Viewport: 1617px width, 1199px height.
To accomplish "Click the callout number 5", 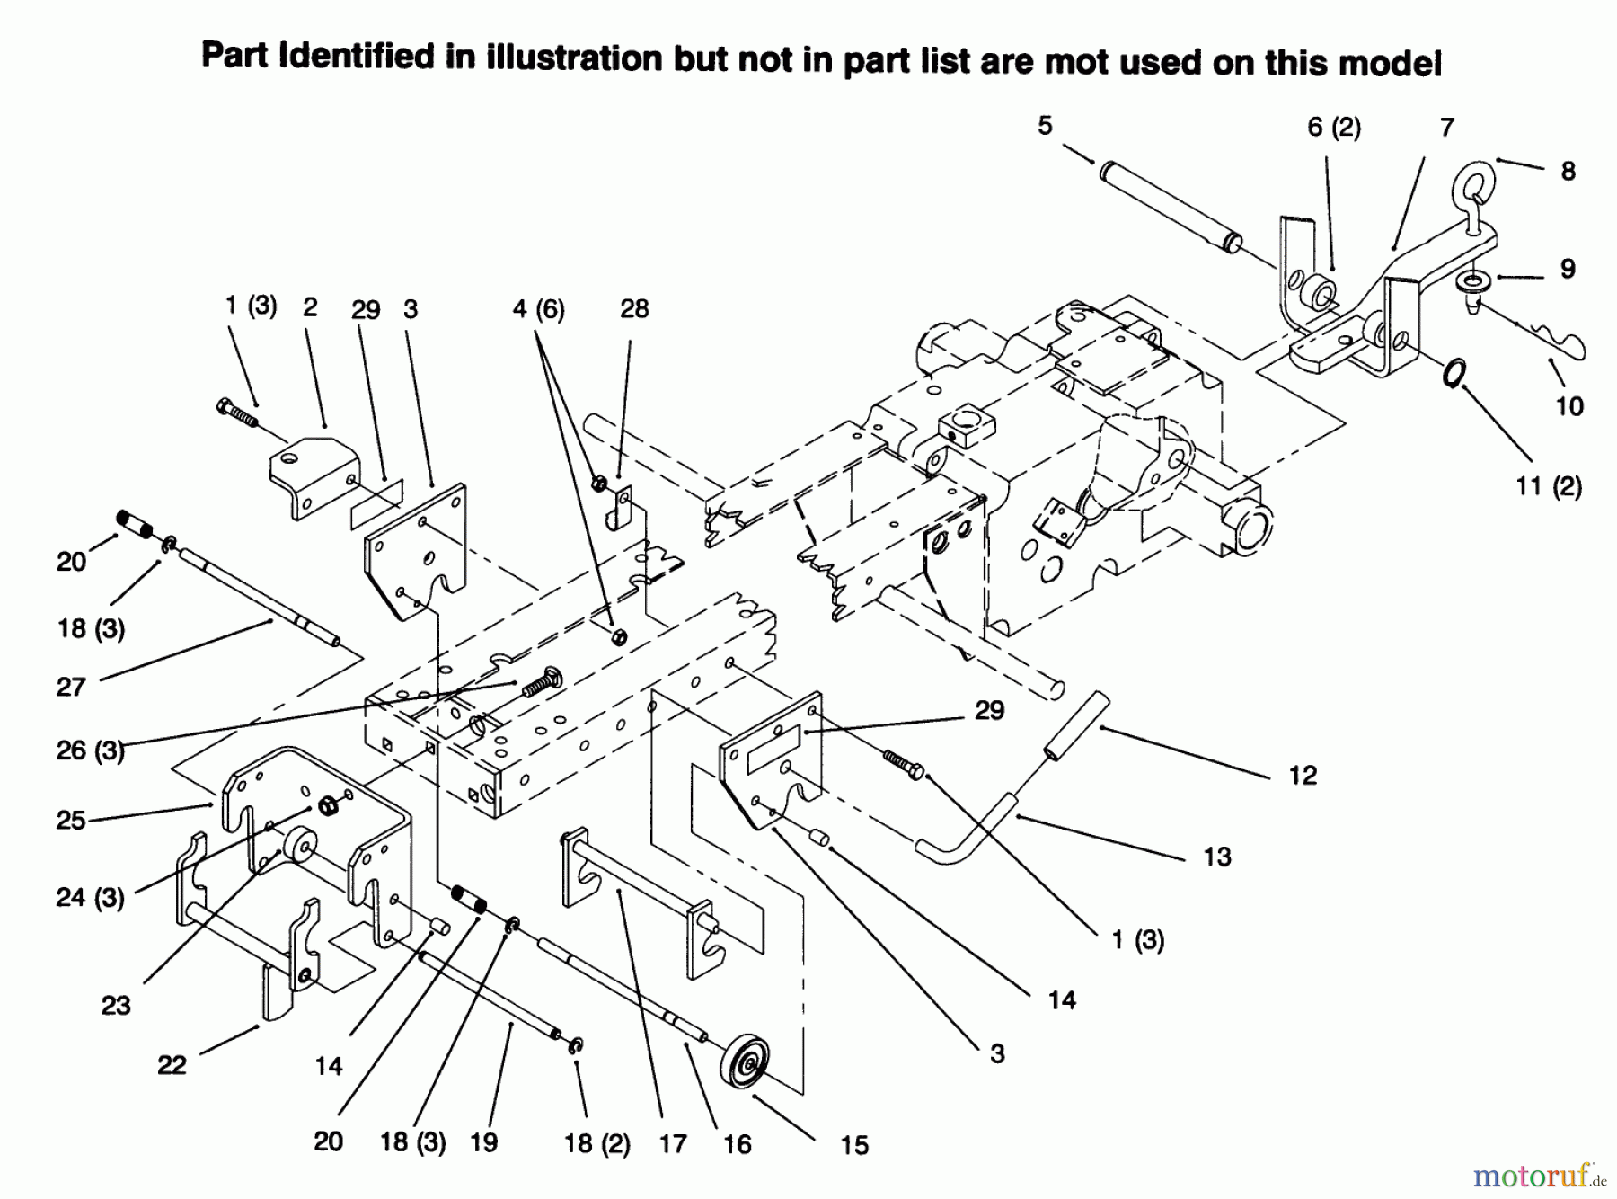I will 1044,126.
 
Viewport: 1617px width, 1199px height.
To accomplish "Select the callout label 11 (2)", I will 1549,486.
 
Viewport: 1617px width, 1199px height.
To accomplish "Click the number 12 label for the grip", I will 1303,775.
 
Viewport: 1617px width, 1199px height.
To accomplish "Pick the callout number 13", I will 1217,857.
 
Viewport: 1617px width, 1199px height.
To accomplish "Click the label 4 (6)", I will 538,309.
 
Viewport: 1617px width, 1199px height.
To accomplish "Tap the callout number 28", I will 634,308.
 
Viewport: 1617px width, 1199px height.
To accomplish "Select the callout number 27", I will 71,687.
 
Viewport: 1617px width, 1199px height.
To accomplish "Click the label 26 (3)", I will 90,750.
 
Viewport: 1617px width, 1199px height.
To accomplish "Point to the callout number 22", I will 172,1065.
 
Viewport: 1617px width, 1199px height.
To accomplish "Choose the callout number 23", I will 116,1005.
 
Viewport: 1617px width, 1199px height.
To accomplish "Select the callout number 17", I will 672,1143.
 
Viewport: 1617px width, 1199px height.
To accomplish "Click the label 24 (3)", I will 90,896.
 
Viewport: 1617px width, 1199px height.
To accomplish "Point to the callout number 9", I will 1568,268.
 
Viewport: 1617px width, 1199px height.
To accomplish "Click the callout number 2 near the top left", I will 310,307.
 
